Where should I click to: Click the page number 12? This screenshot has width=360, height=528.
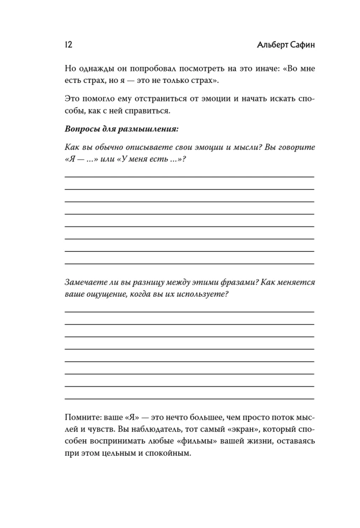pos(68,44)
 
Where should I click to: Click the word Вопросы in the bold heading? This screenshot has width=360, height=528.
pos(82,129)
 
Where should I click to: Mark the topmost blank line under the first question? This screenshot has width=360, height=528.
pos(189,176)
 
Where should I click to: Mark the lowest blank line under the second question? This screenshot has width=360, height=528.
pos(189,399)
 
